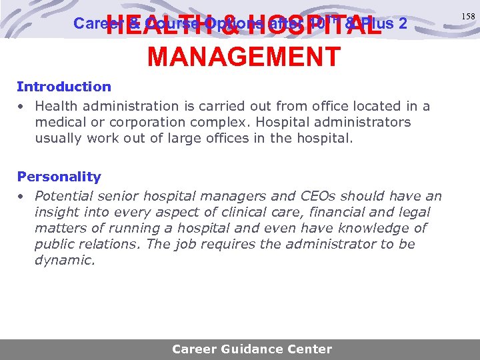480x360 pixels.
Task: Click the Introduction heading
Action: [x=64, y=87]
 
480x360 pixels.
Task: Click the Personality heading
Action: [x=59, y=177]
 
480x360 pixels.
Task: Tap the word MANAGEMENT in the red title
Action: [x=244, y=57]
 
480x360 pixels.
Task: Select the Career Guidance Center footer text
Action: [x=251, y=349]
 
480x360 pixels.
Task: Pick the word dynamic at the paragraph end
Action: [x=64, y=260]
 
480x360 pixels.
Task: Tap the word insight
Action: [x=56, y=212]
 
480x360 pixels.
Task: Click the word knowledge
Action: [x=371, y=228]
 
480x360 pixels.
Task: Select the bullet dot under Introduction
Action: [x=21, y=107]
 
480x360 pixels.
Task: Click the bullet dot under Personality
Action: [x=21, y=197]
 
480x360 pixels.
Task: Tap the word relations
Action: [x=107, y=244]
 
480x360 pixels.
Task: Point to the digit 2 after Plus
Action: [x=402, y=23]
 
